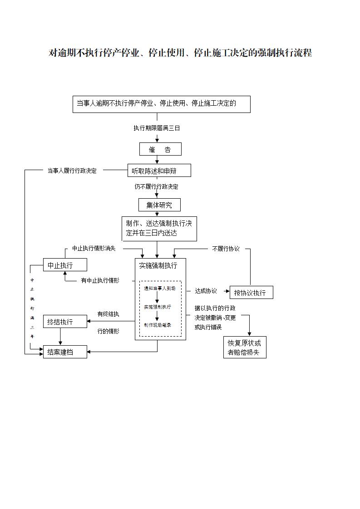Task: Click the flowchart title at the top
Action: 180,53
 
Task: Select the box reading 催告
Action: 160,149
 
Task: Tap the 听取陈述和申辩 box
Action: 159,171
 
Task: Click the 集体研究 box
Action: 159,205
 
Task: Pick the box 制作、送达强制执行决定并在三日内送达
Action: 159,229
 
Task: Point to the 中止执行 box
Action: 65,265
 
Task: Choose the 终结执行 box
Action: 65,322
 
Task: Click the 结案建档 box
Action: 65,352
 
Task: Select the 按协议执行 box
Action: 252,293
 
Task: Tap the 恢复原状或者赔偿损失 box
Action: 244,347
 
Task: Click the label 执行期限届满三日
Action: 157,128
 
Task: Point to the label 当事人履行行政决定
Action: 72,171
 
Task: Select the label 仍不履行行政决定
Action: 156,186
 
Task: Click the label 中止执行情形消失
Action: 94,249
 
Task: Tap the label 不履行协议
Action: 226,249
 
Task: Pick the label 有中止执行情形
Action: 100,280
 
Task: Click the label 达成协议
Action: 206,291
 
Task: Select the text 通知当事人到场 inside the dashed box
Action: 159,288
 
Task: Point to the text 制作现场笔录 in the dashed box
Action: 158,325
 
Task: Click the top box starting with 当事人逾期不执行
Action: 161,104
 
